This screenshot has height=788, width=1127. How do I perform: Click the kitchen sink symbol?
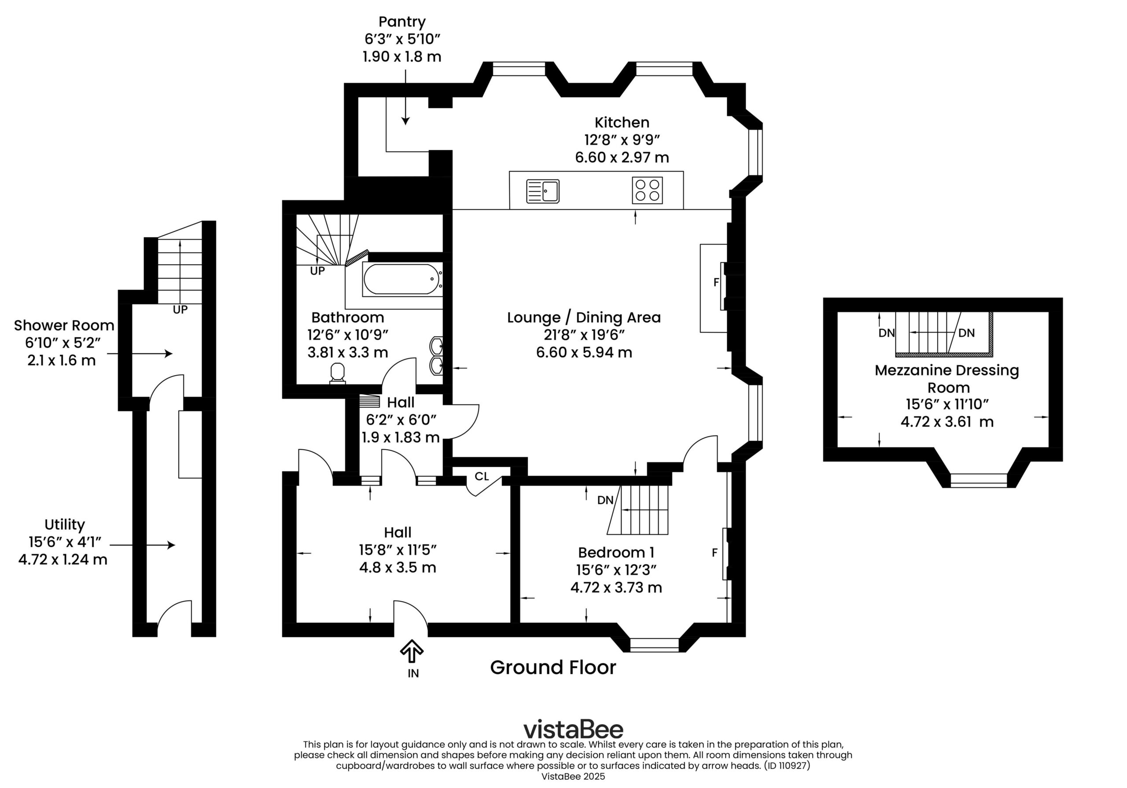pos(542,191)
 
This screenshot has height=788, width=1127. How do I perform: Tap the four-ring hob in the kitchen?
pos(647,190)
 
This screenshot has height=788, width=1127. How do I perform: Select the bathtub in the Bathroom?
pos(401,279)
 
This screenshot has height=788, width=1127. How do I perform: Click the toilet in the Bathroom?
pos(337,373)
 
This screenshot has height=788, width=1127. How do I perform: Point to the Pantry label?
pos(402,22)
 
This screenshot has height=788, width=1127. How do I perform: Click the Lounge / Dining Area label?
pos(584,317)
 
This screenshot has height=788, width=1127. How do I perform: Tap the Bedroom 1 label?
pos(616,552)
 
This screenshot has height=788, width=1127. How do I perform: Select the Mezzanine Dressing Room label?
pos(947,378)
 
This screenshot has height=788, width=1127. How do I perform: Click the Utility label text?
pos(64,524)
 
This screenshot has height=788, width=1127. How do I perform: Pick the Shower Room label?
pos(64,325)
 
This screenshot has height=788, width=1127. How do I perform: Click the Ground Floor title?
pos(552,667)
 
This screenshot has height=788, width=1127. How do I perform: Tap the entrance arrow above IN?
pos(411,651)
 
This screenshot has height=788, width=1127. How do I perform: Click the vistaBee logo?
pos(573,729)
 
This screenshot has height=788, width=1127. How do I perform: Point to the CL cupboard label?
pos(482,476)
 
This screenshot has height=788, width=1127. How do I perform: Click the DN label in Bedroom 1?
pos(605,500)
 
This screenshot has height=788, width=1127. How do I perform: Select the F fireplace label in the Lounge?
pos(716,282)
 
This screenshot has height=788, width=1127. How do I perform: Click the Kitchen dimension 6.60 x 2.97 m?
pos(622,158)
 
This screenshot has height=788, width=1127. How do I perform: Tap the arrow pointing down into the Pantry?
pos(405,97)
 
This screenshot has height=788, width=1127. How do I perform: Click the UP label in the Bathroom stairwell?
pos(317,271)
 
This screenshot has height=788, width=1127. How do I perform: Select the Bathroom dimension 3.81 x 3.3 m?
pos(347,352)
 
